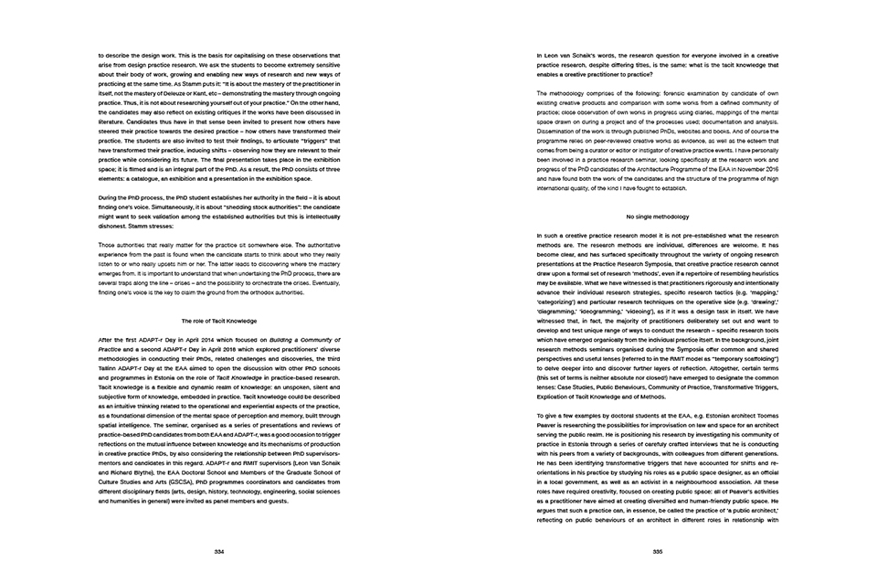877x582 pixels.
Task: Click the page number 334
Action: coord(219,551)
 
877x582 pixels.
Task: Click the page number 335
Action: coord(657,551)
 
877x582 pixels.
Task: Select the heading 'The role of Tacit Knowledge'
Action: coord(219,320)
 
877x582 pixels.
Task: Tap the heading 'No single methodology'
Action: coord(657,216)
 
